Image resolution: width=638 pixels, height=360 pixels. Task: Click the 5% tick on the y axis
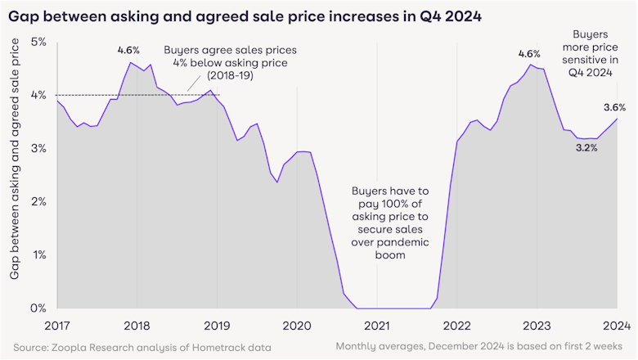[38, 42]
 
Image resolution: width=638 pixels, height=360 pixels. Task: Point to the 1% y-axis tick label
[38, 255]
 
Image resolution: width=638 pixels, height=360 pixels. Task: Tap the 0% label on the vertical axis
[38, 308]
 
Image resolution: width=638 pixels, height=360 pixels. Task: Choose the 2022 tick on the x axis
[456, 325]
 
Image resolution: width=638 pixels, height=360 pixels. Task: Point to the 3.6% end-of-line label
[613, 107]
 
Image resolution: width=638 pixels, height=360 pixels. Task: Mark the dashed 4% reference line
[123, 95]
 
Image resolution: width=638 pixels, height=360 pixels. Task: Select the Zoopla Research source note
[144, 348]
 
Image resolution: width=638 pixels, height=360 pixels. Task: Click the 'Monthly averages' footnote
[480, 348]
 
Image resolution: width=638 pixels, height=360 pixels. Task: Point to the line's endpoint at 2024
[618, 119]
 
